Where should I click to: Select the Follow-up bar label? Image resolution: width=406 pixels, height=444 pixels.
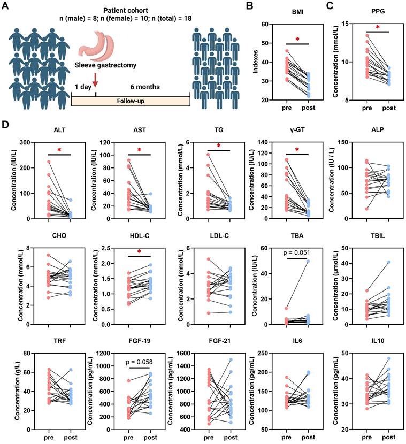coord(129,101)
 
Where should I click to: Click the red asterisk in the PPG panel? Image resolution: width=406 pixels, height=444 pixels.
coord(363,27)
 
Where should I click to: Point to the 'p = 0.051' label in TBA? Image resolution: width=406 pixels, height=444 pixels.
coord(299,252)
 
